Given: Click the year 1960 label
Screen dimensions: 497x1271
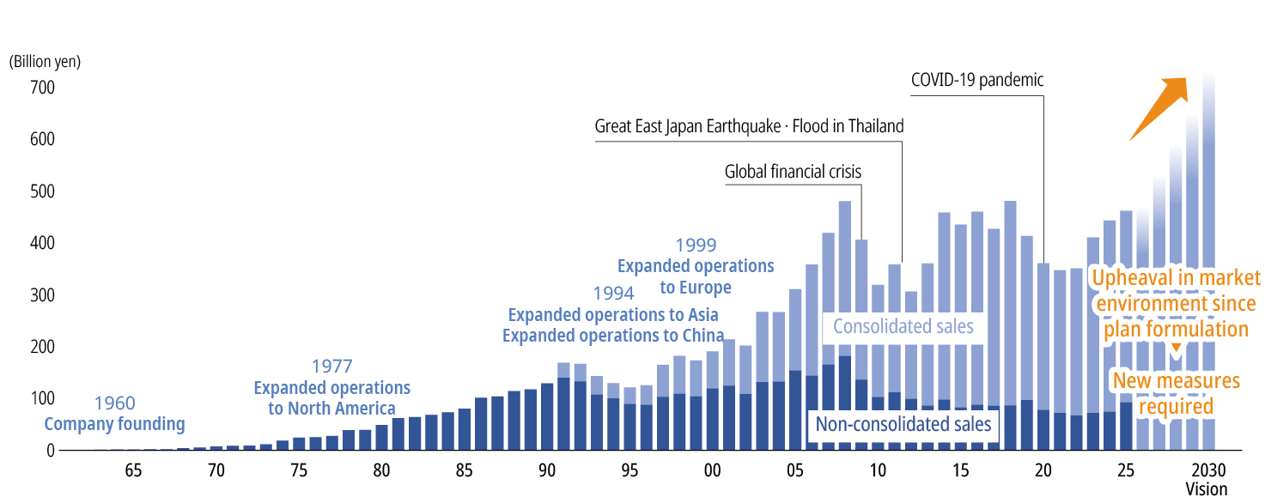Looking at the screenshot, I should tap(114, 403).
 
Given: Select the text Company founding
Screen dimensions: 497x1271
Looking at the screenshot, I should tap(114, 424).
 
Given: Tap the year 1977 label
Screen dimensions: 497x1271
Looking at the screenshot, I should tap(331, 367).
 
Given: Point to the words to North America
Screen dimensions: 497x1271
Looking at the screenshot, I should tap(331, 409).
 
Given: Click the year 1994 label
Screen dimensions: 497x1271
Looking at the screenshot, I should tap(613, 294).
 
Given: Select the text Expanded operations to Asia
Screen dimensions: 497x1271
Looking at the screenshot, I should tap(613, 314).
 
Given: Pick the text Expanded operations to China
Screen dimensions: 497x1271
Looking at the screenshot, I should tap(613, 336).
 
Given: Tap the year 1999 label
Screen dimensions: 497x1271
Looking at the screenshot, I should tap(696, 246).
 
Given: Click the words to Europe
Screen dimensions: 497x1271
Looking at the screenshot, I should tap(696, 287).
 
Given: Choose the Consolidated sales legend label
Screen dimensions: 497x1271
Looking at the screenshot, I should tap(903, 326).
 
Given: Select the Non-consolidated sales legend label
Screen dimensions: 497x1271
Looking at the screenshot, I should tap(903, 424).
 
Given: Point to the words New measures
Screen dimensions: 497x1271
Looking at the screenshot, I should tap(1176, 380).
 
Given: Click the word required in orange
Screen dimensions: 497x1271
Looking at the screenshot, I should tap(1176, 406).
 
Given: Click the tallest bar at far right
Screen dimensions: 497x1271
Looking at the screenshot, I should tap(1208, 258).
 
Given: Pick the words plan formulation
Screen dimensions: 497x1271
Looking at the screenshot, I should tap(1176, 330).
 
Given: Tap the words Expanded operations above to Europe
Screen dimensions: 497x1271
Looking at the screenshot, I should tap(696, 266).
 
